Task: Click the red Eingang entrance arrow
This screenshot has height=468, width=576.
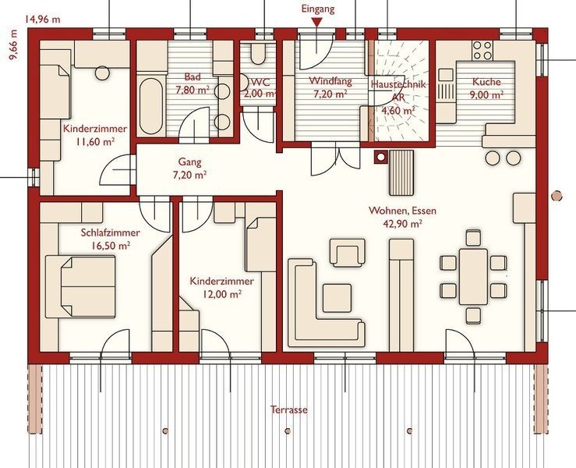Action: (318, 23)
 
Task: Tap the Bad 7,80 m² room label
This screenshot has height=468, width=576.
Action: (193, 83)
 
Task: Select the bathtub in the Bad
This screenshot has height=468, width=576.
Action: (150, 106)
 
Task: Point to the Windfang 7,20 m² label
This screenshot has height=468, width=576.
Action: (330, 87)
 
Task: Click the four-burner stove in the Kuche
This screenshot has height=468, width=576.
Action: (482, 51)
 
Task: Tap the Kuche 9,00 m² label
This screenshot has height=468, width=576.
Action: (486, 88)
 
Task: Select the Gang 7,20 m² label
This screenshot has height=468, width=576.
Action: (189, 168)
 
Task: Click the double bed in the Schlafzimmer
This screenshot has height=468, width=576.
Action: (80, 287)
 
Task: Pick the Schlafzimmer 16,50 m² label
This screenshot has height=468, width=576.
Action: (111, 239)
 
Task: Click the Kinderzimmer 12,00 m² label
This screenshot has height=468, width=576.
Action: (221, 288)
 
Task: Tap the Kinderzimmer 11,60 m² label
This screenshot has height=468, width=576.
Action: (95, 135)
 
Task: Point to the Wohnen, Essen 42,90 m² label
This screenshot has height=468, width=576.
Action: (403, 217)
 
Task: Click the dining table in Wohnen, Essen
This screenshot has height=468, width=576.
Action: (474, 276)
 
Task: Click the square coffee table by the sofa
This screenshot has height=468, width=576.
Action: (337, 298)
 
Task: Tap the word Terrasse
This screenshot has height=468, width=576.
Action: (288, 409)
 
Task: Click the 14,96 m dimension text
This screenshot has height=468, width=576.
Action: (43, 19)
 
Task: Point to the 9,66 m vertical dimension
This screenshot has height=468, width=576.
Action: (14, 44)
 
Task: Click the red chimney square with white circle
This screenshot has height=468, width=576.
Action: (381, 158)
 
